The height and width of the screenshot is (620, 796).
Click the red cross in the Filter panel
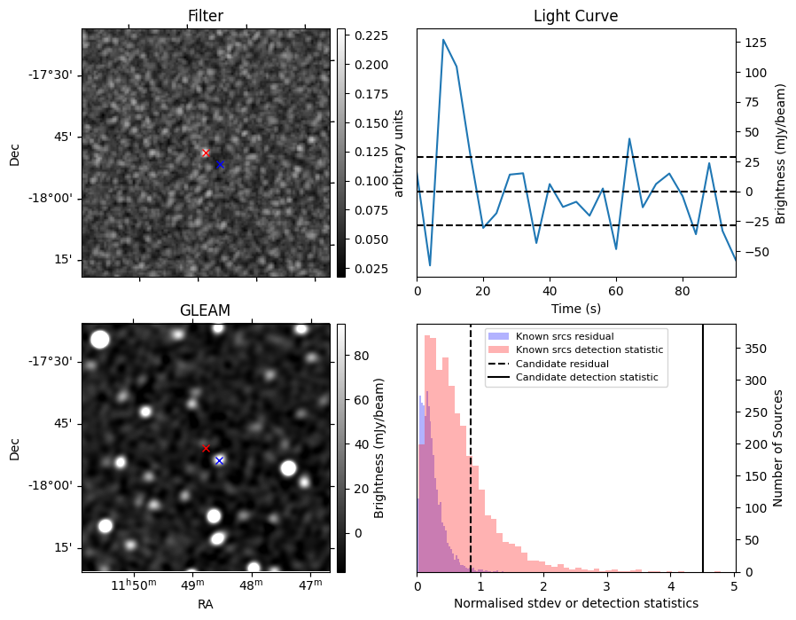point(206,153)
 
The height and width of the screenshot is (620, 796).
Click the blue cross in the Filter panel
point(220,164)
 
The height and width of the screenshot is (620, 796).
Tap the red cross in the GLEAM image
point(206,449)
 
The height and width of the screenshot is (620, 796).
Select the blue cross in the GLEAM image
point(219,460)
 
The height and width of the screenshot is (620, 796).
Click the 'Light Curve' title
point(575,16)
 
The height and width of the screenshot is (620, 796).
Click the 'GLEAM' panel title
point(205,310)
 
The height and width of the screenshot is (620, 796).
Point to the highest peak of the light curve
point(443,40)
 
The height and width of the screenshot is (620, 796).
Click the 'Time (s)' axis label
point(575,307)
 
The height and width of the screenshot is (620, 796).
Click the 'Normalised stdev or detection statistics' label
point(575,603)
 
